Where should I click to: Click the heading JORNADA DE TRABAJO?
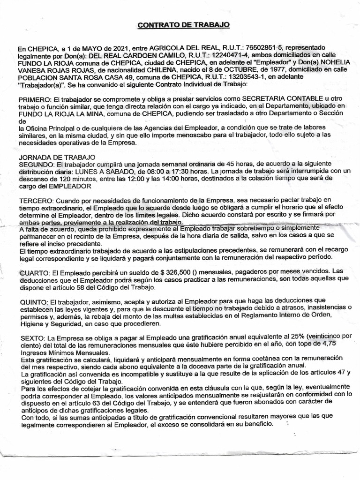56,157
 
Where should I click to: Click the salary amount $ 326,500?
176,272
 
